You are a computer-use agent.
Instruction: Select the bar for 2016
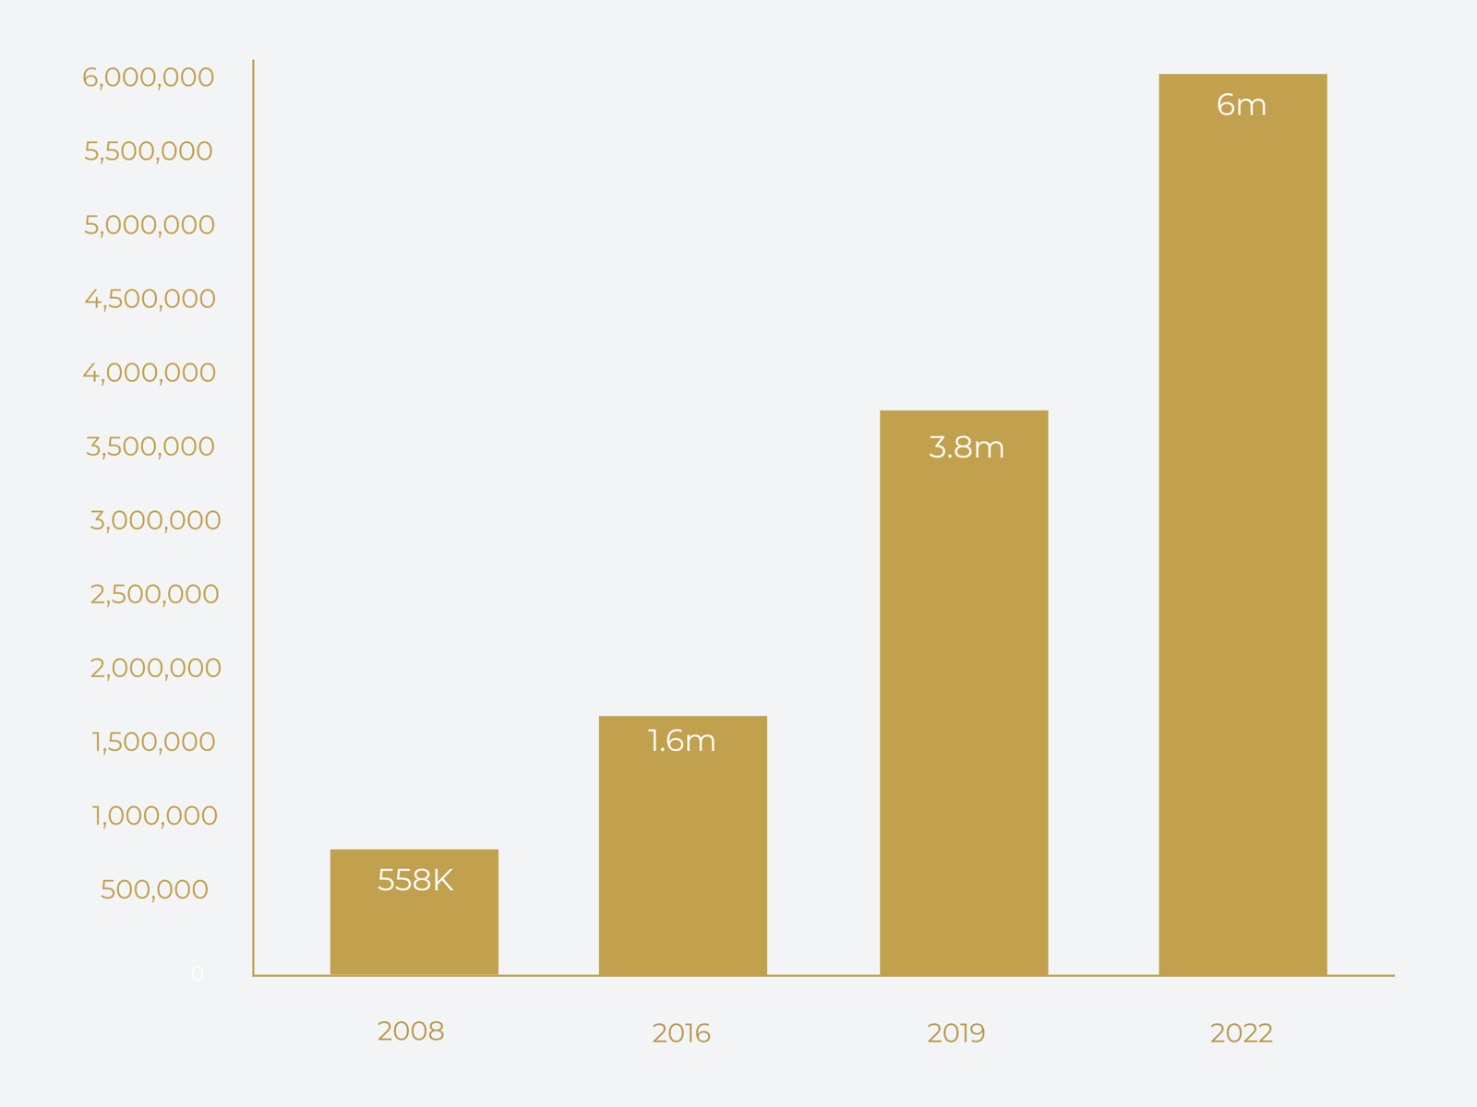tap(682, 858)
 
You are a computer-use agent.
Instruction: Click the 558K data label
tap(415, 881)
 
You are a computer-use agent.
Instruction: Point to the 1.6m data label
tap(682, 741)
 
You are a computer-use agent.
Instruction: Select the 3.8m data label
tap(967, 447)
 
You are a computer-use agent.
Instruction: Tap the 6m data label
tap(1242, 105)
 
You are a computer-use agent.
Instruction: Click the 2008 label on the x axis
tap(411, 1031)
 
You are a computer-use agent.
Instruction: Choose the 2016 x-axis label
tap(681, 1033)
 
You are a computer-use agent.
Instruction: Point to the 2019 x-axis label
tap(956, 1033)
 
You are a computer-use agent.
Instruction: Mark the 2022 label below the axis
tap(1242, 1033)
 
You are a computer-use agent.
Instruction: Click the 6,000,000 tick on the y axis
tap(149, 77)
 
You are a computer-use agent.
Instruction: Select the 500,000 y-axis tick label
tap(154, 889)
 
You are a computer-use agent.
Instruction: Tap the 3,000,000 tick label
tap(155, 520)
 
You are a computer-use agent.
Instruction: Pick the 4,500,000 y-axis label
tap(150, 299)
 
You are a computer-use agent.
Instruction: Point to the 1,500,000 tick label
tap(153, 742)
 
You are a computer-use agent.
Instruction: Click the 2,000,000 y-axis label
tap(155, 668)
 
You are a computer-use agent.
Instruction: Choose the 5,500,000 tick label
tap(149, 151)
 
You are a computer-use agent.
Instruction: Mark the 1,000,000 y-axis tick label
tap(154, 815)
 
